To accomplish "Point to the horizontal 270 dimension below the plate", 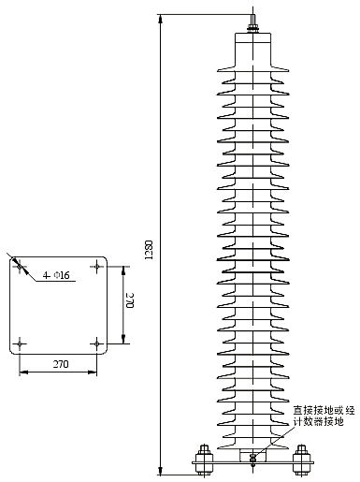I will point(58,363).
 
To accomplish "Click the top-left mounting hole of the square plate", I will point(20,267).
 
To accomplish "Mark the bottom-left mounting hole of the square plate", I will point(20,343).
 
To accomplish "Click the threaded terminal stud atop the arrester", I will point(252,19).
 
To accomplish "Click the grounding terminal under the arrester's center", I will point(252,457).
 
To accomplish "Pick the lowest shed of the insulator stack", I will point(252,431).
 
